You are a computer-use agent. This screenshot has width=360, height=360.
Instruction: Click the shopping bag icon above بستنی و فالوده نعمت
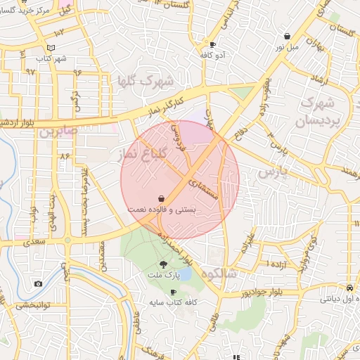pos(163,199)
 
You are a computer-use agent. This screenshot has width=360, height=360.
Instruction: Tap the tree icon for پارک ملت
pos(164,264)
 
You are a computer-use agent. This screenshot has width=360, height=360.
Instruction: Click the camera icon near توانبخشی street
pos(38,284)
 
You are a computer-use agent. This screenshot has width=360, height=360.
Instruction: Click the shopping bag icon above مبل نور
pos(287,36)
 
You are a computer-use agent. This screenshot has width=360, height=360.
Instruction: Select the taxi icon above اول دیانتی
pos(349,288)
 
